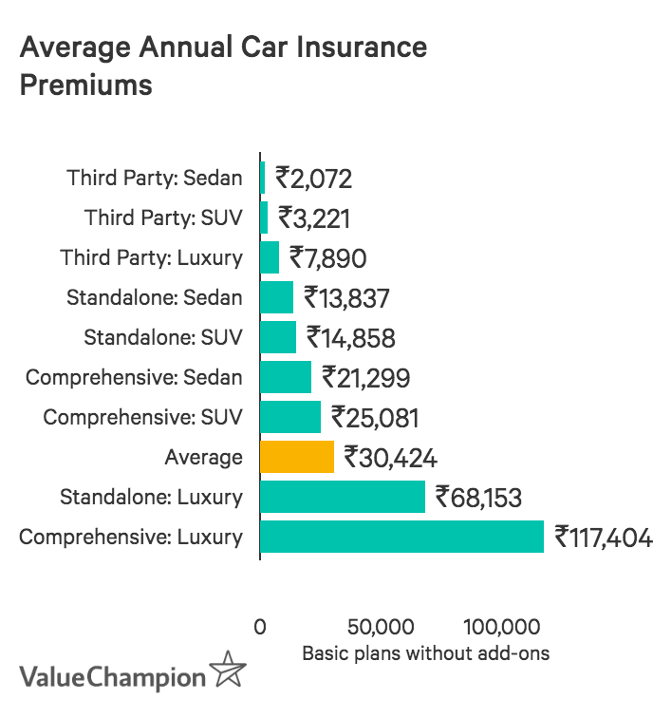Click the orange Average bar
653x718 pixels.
pos(297,457)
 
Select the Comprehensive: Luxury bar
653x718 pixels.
pos(401,537)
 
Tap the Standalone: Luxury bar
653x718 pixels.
pos(343,497)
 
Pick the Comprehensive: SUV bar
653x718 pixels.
pos(290,417)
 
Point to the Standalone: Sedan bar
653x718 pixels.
pos(277,297)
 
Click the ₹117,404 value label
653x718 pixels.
pos(604,538)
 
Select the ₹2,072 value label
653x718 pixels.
pos(314,178)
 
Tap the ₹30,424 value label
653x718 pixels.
pos(390,458)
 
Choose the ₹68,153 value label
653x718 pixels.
pos(478,497)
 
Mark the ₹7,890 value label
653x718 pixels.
pos(327,258)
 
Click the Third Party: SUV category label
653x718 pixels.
pos(163,217)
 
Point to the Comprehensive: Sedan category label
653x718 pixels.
pos(134,377)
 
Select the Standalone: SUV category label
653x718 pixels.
pos(163,337)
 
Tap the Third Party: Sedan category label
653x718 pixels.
pos(155,178)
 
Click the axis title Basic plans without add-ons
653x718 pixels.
pos(425,653)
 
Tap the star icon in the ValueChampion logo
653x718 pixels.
pos(228,671)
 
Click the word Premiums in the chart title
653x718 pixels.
pos(85,85)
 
